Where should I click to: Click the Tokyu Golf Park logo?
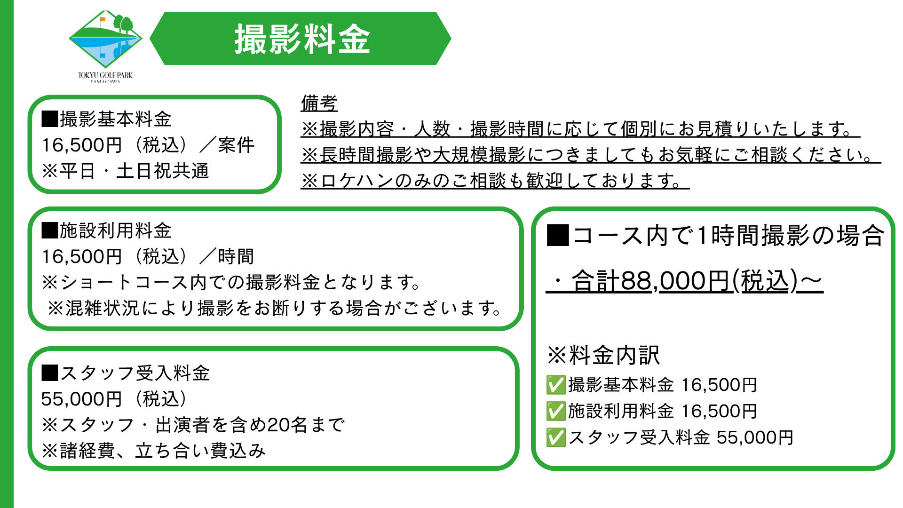point(105,46)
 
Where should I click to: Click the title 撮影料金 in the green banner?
point(302,39)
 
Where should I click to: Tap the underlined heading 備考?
point(319,103)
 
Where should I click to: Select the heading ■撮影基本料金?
point(107,119)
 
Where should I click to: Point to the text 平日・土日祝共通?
point(134,171)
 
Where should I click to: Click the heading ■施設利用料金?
point(107,230)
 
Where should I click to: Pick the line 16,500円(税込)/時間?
point(148,256)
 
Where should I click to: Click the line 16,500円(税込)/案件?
point(148,145)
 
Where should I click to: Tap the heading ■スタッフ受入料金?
point(126,373)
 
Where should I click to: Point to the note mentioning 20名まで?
point(193,425)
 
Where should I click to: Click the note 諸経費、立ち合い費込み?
point(154,451)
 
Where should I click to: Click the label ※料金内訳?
point(603,355)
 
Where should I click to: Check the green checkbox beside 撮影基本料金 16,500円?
point(556,385)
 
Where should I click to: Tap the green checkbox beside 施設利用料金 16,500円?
point(556,411)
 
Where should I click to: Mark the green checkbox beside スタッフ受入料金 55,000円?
point(556,437)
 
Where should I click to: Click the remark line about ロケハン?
point(495,180)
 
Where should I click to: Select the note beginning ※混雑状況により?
point(274,308)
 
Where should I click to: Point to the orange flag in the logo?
point(103,20)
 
